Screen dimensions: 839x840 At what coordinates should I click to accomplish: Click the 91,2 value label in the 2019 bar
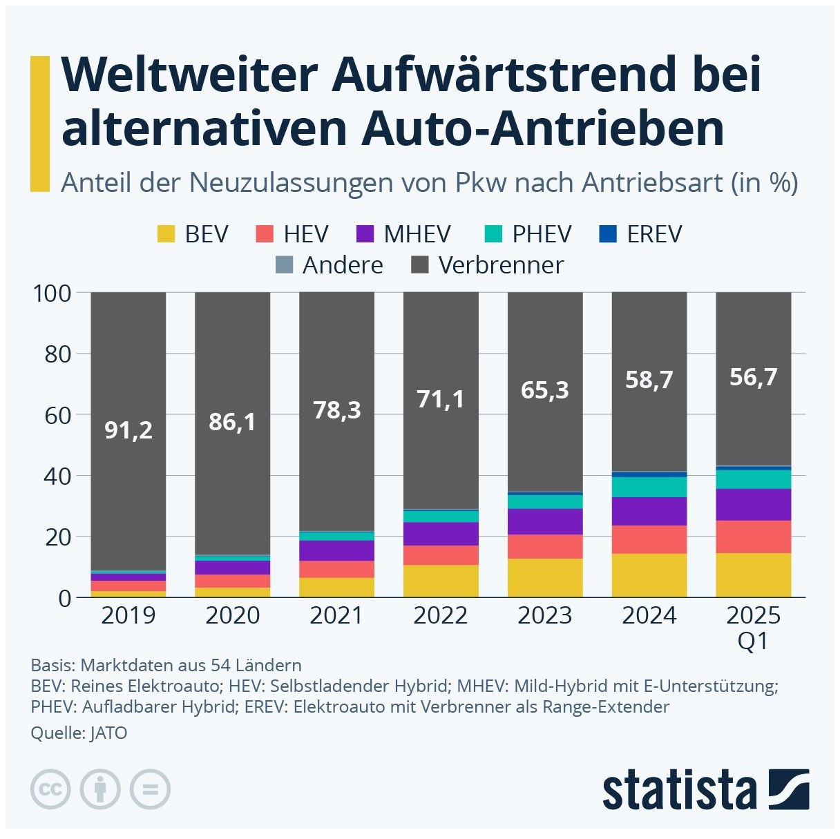click(x=128, y=430)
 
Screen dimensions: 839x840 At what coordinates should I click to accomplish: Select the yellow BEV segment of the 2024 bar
click(x=649, y=575)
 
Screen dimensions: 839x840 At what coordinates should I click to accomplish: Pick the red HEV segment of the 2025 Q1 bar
click(x=754, y=537)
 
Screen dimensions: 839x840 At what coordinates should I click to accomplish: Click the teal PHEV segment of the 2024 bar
click(x=649, y=487)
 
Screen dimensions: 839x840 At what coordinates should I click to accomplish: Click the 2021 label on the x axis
click(x=336, y=615)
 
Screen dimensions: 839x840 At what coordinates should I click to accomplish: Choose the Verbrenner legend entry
click(x=501, y=265)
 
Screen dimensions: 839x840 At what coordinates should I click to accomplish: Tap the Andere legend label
click(x=343, y=265)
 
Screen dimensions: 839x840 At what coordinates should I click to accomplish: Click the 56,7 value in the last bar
click(x=754, y=377)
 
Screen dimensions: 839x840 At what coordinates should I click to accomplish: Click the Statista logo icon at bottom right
click(x=788, y=789)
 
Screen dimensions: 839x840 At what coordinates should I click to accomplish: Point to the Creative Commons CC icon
click(x=50, y=789)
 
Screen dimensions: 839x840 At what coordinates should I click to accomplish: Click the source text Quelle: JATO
click(x=79, y=733)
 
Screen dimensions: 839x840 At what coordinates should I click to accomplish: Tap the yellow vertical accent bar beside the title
click(x=40, y=124)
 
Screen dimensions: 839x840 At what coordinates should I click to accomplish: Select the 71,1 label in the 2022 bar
click(x=441, y=399)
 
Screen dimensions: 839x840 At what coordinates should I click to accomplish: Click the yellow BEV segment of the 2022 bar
click(x=441, y=581)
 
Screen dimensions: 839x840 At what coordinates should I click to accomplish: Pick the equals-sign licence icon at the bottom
click(x=150, y=789)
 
